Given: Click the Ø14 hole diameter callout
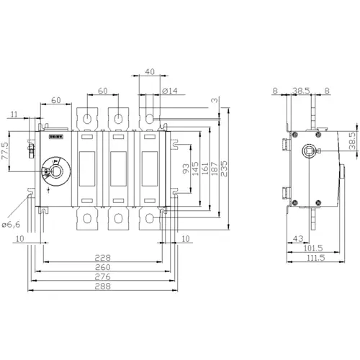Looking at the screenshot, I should click(170, 90).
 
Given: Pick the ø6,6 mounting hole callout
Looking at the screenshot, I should click(13, 225).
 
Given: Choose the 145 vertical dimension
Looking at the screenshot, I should click(195, 167).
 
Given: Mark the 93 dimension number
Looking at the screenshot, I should click(185, 169).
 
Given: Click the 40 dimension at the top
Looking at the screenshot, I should click(149, 71).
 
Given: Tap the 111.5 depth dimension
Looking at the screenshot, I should click(312, 257).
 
